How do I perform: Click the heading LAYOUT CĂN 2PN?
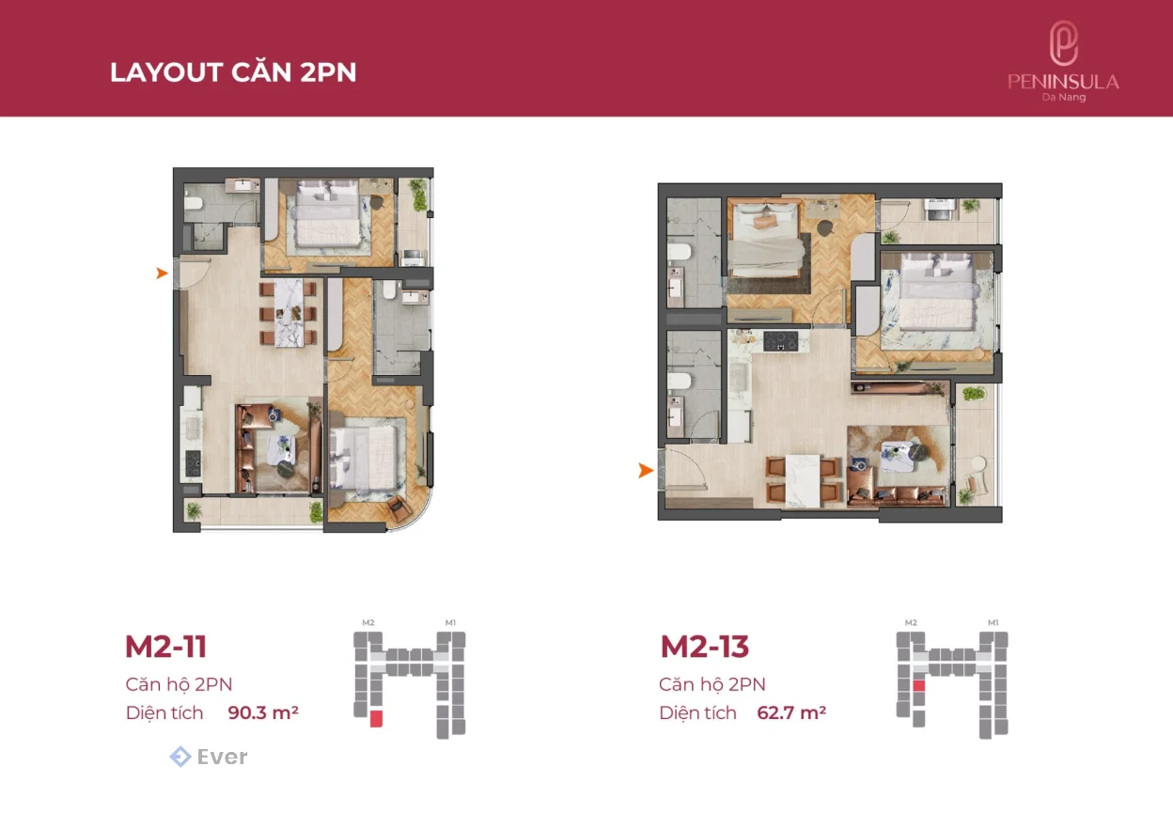(233, 72)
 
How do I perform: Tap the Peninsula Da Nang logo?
(1063, 61)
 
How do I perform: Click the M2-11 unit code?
(166, 647)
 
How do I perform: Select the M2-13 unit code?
(705, 647)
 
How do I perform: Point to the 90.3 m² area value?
(263, 712)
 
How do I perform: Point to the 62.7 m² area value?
(791, 712)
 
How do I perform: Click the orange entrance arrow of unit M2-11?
(162, 273)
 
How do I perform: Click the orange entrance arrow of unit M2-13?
(646, 470)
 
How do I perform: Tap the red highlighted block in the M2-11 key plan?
(376, 718)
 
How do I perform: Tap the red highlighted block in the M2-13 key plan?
(918, 685)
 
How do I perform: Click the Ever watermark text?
(222, 757)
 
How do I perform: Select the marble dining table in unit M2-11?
(289, 313)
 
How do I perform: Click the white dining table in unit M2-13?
(803, 480)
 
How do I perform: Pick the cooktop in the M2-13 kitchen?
(781, 341)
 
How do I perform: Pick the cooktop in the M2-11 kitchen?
(193, 463)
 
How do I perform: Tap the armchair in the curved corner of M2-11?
(399, 507)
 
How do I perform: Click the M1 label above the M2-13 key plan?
(993, 622)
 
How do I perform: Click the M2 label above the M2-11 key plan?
(368, 622)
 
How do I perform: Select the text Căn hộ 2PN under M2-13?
(712, 684)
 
